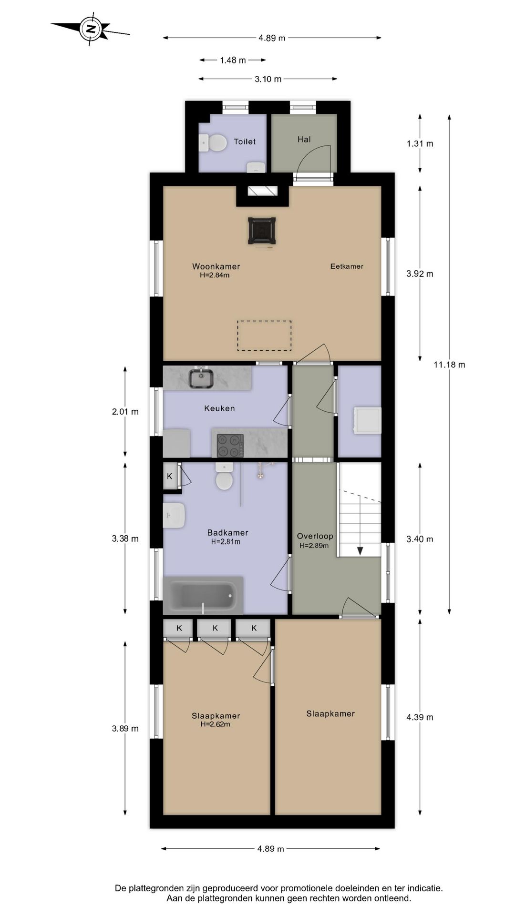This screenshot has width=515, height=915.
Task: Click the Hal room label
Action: (x=304, y=139)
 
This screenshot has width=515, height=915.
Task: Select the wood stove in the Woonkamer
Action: (x=262, y=231)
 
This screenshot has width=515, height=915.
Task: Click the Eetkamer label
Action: (x=347, y=266)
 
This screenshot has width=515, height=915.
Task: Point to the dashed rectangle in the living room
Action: (x=265, y=336)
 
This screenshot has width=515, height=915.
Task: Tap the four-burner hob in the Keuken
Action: (x=230, y=446)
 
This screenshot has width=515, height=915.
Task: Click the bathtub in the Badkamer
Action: (x=203, y=596)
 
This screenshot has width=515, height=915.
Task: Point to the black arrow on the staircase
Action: (x=360, y=550)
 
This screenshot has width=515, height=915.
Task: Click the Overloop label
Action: (x=315, y=536)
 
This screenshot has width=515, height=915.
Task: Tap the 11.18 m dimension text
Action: (x=449, y=365)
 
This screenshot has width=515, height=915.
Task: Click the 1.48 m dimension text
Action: (x=233, y=60)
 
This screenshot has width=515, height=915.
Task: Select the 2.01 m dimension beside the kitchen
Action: (x=125, y=412)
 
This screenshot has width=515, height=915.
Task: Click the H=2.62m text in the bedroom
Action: (x=215, y=724)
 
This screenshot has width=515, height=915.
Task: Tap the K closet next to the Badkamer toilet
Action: (x=170, y=476)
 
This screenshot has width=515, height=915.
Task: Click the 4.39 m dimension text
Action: (x=420, y=717)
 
